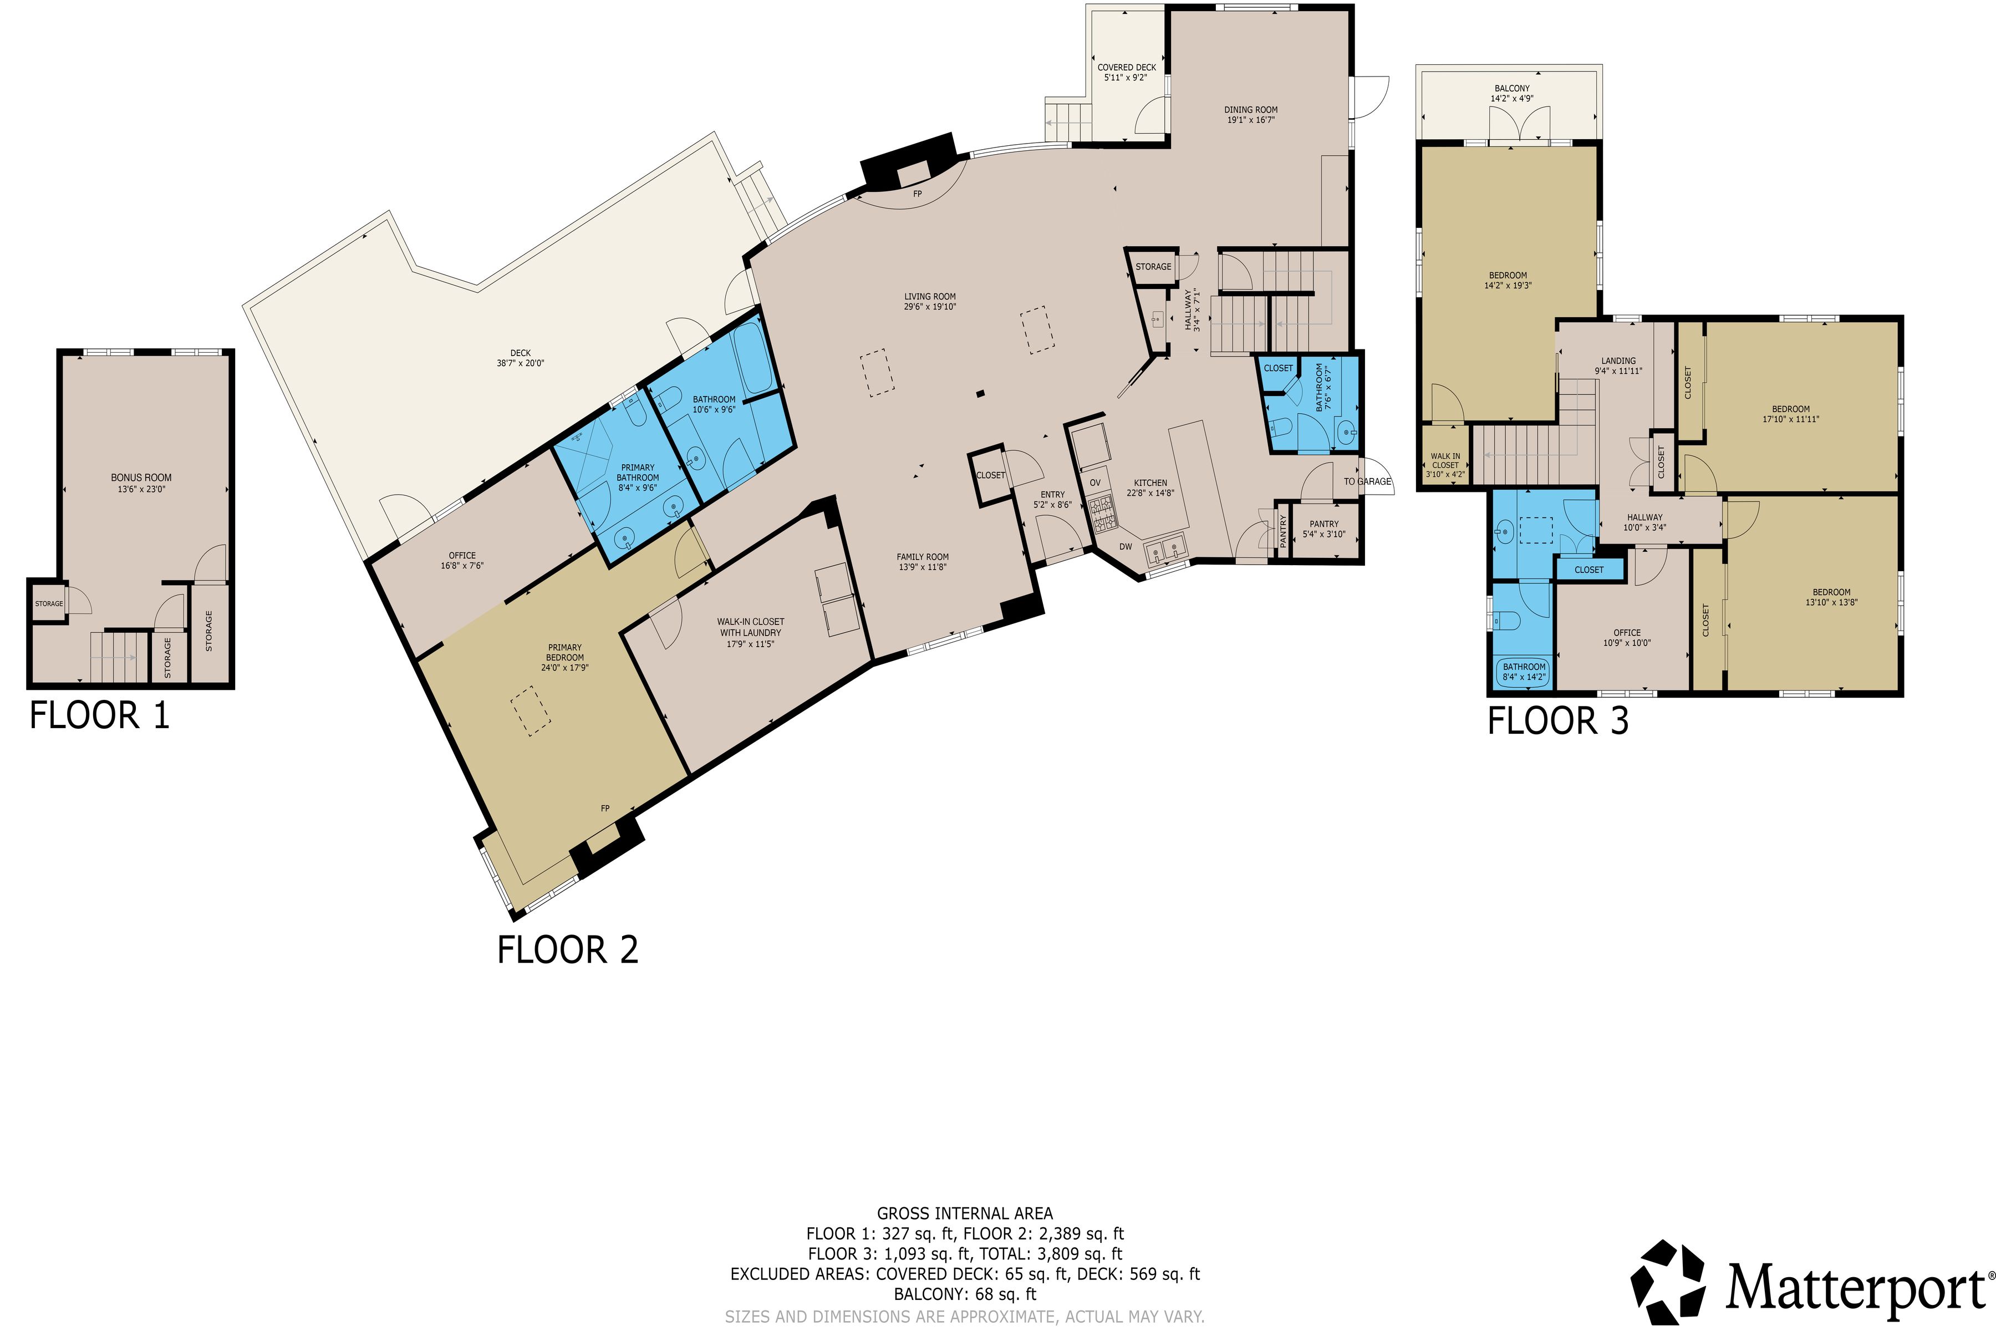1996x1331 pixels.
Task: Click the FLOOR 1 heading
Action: (99, 715)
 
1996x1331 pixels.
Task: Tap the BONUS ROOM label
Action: (141, 478)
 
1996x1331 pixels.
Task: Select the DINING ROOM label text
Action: (1250, 109)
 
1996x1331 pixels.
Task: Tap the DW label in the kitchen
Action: (1126, 547)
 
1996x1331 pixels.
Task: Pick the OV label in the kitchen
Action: (1094, 483)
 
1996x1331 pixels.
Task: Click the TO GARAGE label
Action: (1367, 482)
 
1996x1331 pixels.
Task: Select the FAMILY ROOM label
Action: (923, 557)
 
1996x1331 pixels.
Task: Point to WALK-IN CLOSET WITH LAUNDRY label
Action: (750, 627)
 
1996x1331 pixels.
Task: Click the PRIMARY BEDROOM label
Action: (564, 653)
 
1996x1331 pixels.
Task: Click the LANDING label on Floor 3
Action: (1618, 361)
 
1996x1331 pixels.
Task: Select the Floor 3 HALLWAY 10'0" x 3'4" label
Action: (1644, 522)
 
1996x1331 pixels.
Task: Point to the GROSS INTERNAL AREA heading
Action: (965, 1214)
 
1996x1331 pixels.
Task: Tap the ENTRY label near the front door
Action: (1052, 495)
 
